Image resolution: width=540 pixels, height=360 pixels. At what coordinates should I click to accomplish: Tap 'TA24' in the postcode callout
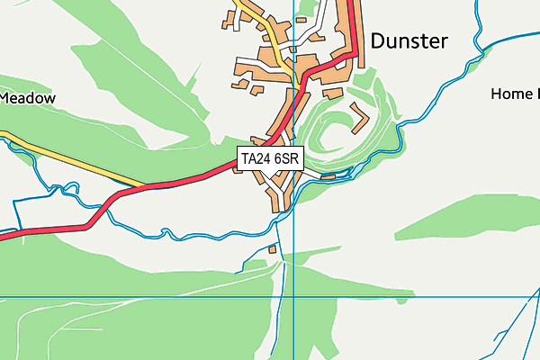256,159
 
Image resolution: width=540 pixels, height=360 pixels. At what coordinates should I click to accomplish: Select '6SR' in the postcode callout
287,159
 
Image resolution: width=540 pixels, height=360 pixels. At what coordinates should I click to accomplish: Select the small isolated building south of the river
273,249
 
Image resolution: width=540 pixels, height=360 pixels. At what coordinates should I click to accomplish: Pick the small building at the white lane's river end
328,177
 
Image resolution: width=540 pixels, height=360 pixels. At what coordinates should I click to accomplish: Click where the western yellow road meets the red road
144,186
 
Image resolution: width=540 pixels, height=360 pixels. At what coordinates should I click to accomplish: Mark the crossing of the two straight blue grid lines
293,296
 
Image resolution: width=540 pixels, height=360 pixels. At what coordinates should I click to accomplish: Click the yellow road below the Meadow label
72,159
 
